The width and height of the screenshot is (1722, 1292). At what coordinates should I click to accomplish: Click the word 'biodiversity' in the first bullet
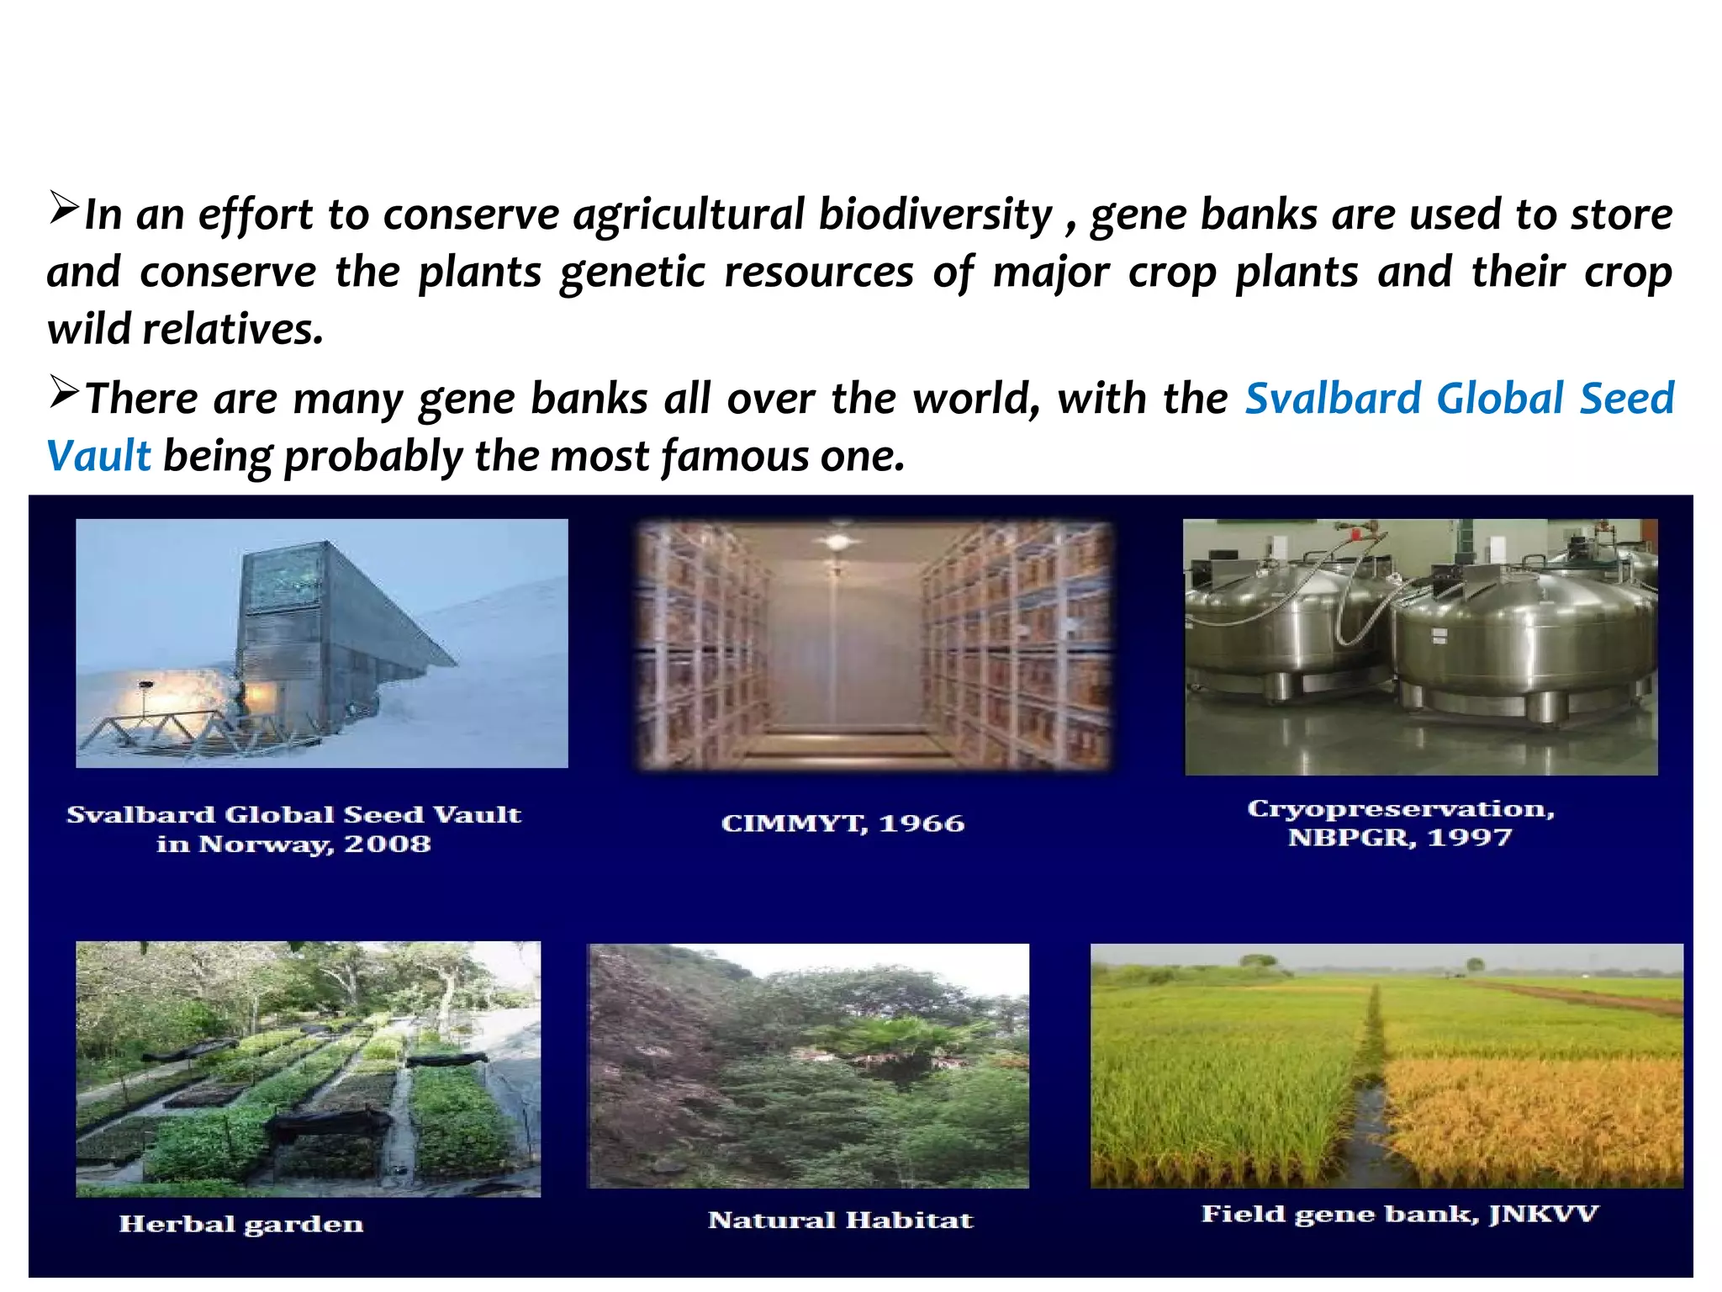[935, 215]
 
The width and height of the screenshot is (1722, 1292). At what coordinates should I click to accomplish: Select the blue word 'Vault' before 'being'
[98, 456]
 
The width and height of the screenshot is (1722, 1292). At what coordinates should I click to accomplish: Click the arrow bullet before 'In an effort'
[63, 208]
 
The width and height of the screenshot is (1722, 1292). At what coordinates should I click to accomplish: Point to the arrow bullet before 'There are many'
[63, 392]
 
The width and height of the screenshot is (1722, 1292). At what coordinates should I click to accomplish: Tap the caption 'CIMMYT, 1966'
[843, 823]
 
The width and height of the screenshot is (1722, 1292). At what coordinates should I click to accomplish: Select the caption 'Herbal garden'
[241, 1224]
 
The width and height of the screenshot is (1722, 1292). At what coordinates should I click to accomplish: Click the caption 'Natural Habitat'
[840, 1220]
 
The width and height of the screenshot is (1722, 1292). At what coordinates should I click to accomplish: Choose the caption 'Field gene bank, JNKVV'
[1399, 1214]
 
